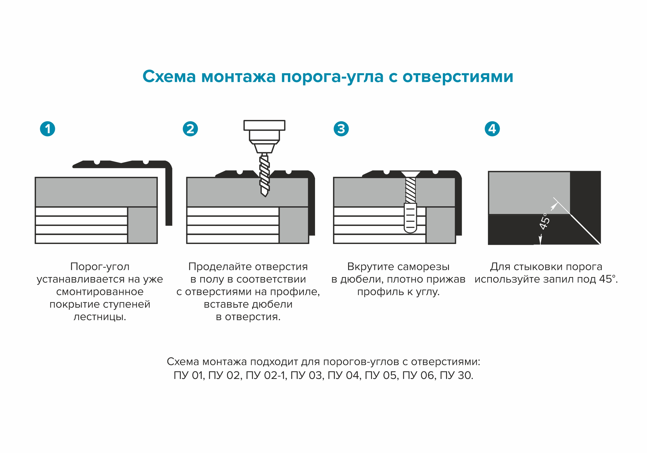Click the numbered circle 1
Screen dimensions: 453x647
pos(47,129)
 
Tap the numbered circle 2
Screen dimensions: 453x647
pos(190,129)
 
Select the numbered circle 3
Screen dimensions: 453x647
pos(341,129)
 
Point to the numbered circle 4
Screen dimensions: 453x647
pos(492,129)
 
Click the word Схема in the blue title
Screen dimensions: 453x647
pos(169,76)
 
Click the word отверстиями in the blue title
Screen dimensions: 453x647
pos(458,77)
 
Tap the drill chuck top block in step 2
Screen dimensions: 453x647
pos(264,125)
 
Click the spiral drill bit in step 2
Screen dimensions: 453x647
pos(264,176)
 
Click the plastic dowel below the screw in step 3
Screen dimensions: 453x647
pos(410,218)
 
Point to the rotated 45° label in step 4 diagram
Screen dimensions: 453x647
pos(544,221)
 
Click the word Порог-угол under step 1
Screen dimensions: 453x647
pos(100,266)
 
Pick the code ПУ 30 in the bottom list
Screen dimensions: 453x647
pos(456,375)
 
